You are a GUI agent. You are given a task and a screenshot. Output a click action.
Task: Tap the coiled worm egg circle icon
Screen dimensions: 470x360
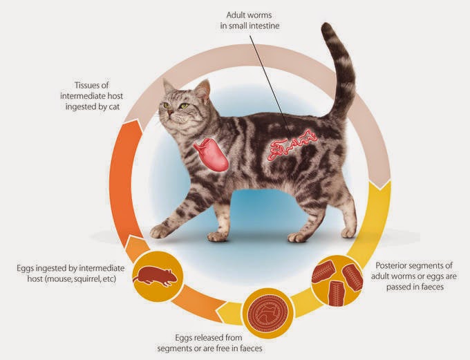[x=267, y=314]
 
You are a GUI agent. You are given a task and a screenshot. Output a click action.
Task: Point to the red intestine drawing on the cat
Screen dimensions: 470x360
[x=293, y=144]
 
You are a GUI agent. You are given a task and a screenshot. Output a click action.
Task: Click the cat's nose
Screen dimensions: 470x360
[x=170, y=113]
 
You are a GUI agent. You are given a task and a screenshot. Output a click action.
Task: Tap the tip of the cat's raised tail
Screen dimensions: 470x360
[x=327, y=26]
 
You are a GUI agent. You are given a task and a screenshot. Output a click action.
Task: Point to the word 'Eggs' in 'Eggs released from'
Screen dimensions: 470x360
[x=184, y=338]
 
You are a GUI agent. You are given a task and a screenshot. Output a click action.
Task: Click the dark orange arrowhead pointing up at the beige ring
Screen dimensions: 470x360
[x=131, y=124]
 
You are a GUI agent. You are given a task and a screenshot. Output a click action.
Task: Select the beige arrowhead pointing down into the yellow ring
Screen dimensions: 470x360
[x=381, y=183]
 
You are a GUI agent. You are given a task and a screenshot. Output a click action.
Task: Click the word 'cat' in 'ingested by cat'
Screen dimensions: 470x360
[x=114, y=107]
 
